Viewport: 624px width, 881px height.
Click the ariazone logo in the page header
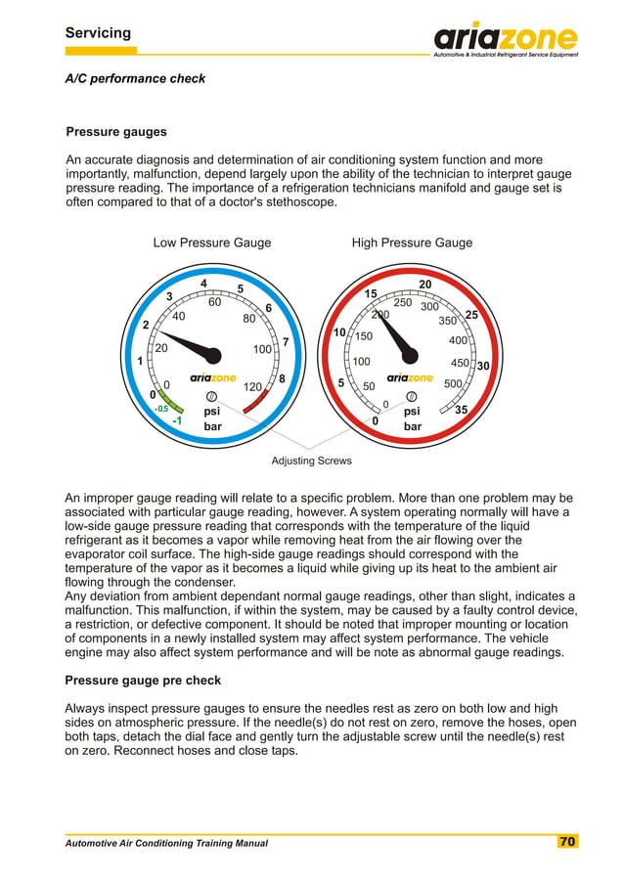[506, 39]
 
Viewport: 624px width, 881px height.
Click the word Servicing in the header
[98, 33]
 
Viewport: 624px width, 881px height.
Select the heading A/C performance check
[135, 78]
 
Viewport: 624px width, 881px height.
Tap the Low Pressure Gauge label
[212, 242]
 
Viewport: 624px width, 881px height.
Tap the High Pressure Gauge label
[412, 242]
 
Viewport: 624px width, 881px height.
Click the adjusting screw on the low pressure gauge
[211, 396]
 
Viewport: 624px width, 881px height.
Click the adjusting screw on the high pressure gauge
[412, 396]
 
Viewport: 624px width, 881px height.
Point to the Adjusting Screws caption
[311, 461]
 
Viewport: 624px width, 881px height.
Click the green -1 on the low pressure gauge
[177, 420]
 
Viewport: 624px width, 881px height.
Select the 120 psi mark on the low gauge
[252, 387]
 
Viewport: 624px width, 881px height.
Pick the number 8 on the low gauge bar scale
[282, 378]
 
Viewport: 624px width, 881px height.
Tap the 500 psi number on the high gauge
[453, 384]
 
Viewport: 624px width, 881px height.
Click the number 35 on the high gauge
[462, 411]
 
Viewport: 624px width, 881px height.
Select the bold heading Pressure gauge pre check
[143, 680]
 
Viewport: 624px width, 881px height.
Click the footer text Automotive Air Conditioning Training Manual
[166, 843]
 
